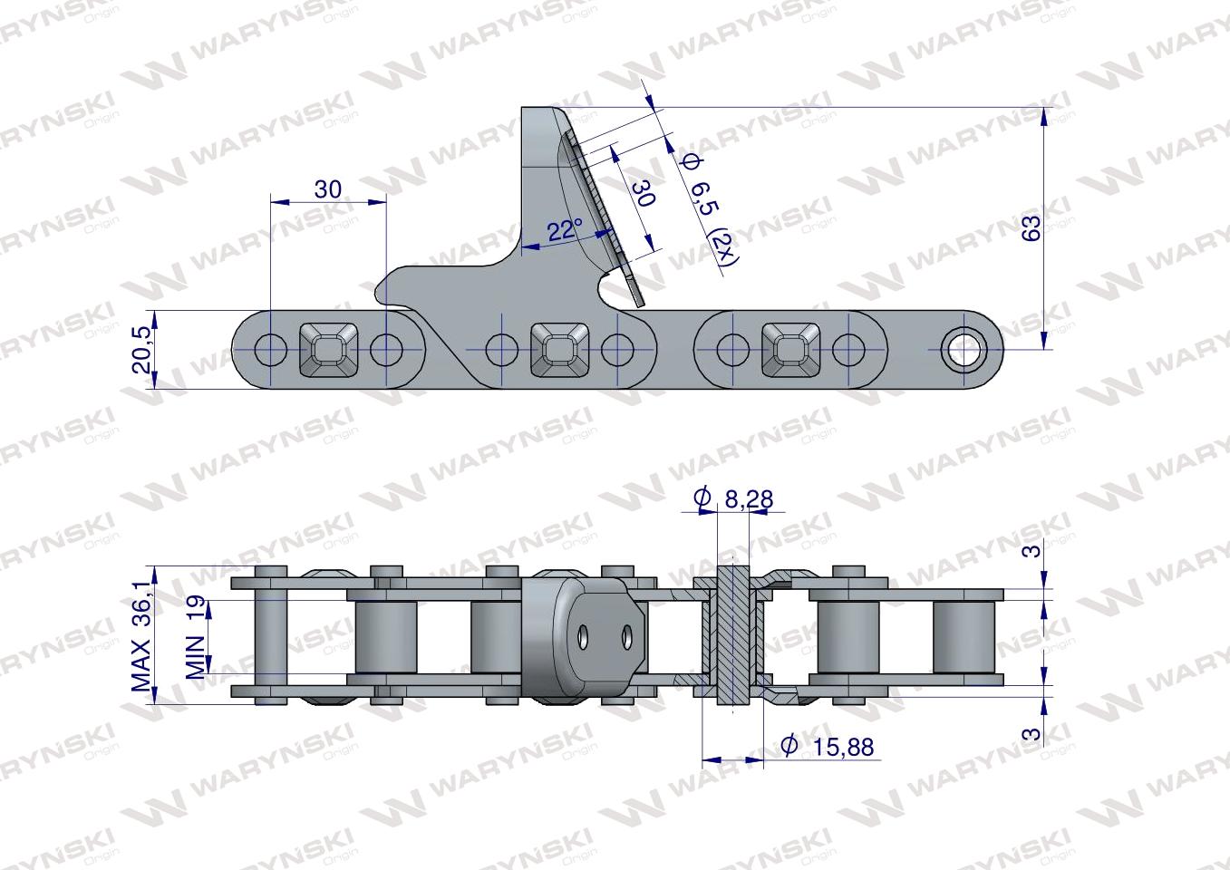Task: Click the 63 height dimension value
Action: point(1031,228)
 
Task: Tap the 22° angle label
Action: point(564,230)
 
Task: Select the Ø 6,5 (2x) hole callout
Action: point(709,208)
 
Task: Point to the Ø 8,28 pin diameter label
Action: point(734,498)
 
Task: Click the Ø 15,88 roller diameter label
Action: point(829,746)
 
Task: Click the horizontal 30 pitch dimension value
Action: point(327,189)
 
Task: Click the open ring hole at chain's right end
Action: point(960,348)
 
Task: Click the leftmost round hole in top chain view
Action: point(269,348)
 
